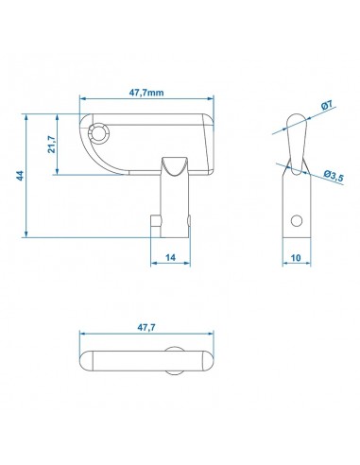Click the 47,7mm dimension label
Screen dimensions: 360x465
tap(146, 93)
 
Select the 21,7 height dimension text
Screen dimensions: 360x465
tap(51, 145)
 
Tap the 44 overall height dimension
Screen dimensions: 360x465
tap(20, 176)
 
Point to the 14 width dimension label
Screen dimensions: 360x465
tap(170, 257)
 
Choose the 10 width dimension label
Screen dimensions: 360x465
tap(296, 258)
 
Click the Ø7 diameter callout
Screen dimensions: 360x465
tap(327, 105)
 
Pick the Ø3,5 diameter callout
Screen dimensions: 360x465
tap(334, 177)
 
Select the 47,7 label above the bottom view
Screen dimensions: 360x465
tap(146, 328)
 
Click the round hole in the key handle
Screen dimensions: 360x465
tap(99, 133)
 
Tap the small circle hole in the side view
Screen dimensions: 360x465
tap(297, 220)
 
